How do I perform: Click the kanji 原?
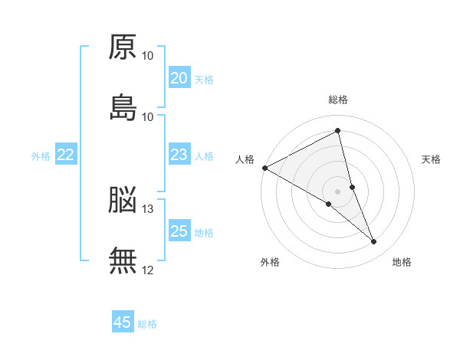(123, 47)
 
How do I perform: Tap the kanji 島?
(123, 108)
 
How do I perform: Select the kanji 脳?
(123, 201)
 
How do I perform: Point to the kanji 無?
(123, 260)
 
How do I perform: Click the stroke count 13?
(148, 208)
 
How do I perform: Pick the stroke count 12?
(148, 270)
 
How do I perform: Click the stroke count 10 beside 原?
(148, 56)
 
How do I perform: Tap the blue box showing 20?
(179, 78)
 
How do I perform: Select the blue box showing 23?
(179, 155)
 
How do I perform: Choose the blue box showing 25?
(179, 231)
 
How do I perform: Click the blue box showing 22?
(65, 155)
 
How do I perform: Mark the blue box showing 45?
(123, 322)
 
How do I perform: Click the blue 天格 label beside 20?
(204, 80)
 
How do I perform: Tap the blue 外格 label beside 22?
(41, 156)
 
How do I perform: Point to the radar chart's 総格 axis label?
(338, 100)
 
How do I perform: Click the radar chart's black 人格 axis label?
(245, 159)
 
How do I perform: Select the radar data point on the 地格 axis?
(374, 242)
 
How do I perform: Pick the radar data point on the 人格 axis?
(264, 168)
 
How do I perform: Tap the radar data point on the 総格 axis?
(338, 131)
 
